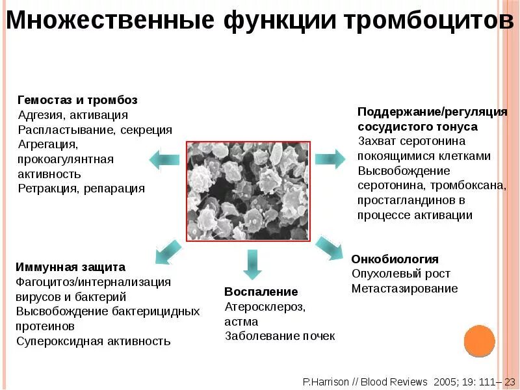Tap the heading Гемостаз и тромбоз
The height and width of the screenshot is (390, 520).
click(77, 100)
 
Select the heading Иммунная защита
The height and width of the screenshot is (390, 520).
click(70, 267)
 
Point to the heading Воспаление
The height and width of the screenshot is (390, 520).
click(261, 291)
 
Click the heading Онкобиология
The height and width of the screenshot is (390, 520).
click(395, 259)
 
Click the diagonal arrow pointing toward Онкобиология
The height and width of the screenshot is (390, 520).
click(329, 248)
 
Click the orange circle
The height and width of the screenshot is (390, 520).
click(480, 341)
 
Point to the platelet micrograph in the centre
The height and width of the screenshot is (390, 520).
click(248, 191)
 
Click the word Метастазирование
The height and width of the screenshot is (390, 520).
click(404, 289)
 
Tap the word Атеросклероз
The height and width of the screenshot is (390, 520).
click(265, 306)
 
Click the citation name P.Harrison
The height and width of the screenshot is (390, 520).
click(328, 382)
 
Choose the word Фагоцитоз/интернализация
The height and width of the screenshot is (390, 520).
click(93, 282)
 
